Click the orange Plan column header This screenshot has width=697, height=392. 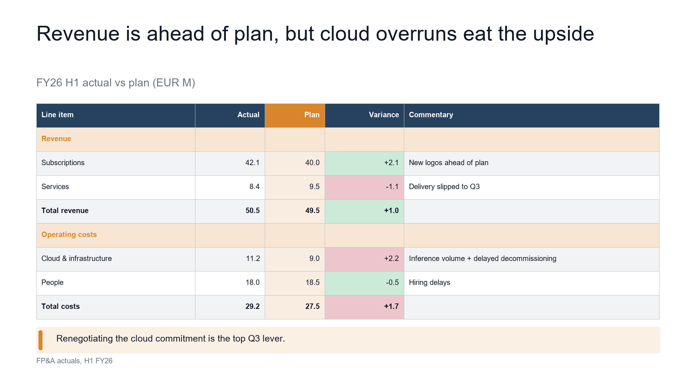coord(295,115)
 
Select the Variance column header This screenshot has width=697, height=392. coord(364,115)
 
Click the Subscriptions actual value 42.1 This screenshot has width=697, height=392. coord(252,163)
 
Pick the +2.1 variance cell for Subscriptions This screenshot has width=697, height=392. coord(364,163)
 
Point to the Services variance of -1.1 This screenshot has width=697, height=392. coord(364,187)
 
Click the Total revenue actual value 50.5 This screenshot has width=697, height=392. coord(252,211)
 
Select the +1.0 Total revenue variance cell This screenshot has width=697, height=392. coord(364,211)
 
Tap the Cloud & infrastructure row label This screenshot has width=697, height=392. coord(77,259)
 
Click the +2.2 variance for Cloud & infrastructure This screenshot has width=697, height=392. coord(364,259)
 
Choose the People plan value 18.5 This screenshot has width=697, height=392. coord(312,283)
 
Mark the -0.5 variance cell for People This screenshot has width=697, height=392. coord(364,283)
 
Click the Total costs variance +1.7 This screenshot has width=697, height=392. coord(364,307)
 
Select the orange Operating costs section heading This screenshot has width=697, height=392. coord(69,235)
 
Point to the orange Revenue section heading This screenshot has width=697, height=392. coord(56,139)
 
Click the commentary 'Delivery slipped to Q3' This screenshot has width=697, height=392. coord(444,187)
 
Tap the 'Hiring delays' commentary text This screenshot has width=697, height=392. coord(429,283)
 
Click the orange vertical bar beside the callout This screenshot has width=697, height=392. coord(40,340)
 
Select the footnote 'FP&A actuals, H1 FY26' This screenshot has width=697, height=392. coord(74,361)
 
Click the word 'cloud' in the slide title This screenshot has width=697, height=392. coord(345,34)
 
